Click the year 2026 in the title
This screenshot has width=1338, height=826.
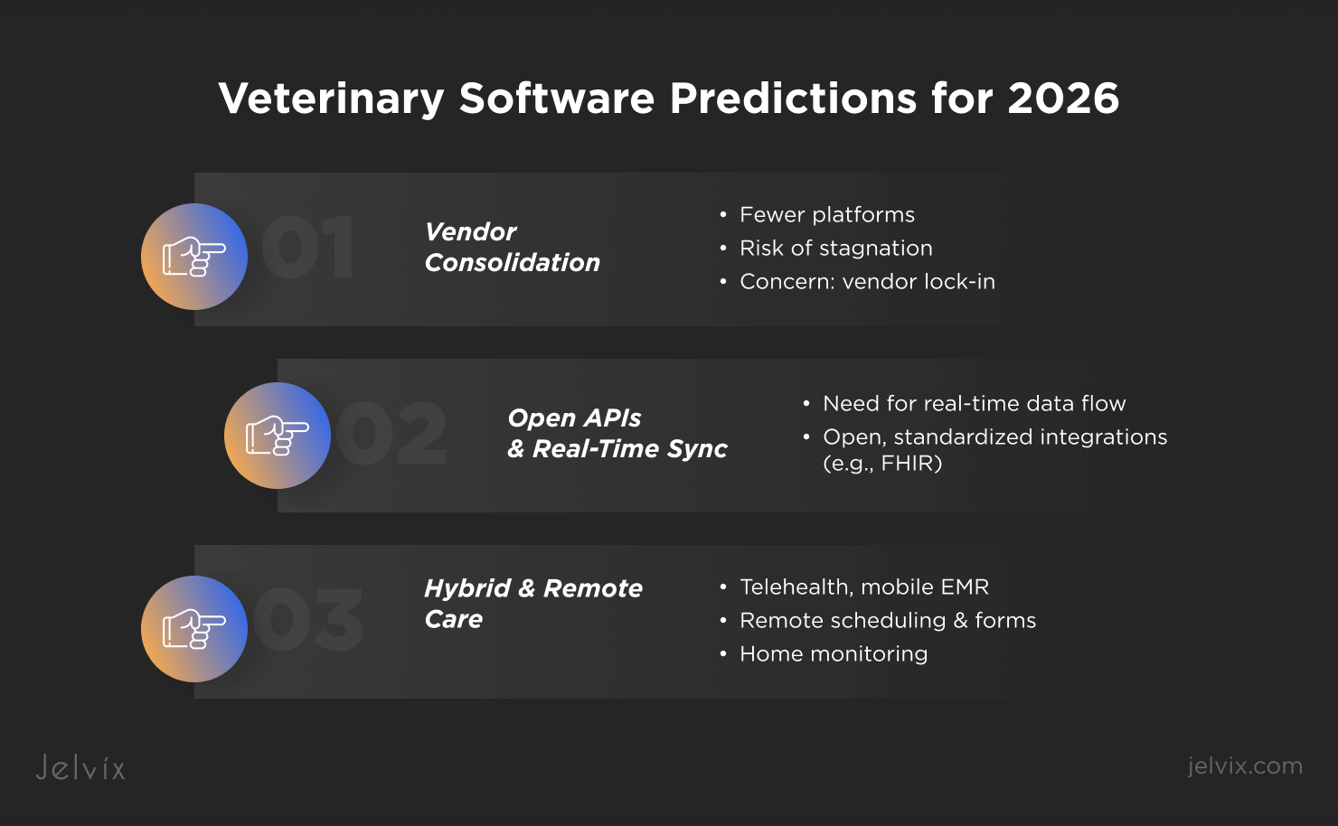1063,98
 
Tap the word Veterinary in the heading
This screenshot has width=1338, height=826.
332,99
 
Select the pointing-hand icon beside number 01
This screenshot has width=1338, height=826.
194,257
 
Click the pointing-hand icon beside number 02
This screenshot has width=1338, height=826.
278,436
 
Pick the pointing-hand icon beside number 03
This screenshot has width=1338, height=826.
194,629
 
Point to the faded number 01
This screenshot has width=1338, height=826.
308,247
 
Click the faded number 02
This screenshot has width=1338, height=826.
391,433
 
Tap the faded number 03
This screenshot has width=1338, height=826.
308,619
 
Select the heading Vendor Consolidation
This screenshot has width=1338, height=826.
512,248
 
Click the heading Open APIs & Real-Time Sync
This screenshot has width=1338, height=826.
617,434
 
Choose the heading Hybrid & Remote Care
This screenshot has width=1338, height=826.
532,604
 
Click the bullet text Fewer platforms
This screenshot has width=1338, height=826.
826,215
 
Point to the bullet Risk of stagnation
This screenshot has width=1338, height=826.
835,249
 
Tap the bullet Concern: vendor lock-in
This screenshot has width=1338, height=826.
867,281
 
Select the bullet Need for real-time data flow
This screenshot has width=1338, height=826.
975,404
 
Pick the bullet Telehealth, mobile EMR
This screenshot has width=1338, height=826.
863,587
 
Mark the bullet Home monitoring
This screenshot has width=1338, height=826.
834,654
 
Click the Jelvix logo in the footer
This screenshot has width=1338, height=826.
80,767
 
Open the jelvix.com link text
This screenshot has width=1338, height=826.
1245,766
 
